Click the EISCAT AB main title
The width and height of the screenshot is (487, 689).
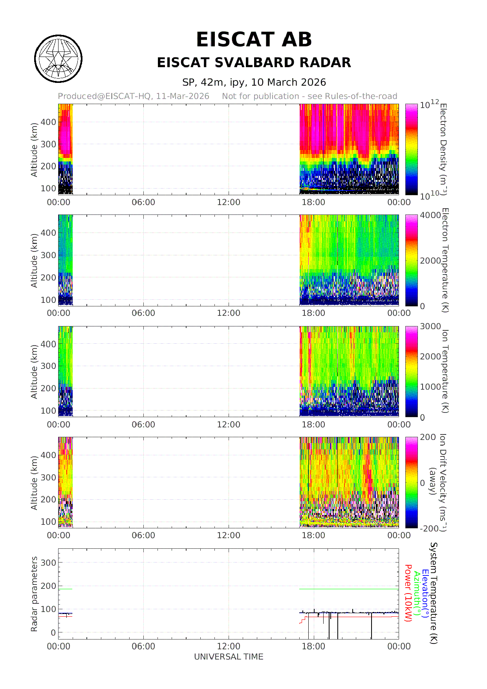[254, 40]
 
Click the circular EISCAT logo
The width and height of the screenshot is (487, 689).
[59, 59]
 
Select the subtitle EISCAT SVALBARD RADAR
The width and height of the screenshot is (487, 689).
[254, 62]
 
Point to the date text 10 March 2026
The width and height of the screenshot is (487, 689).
[288, 82]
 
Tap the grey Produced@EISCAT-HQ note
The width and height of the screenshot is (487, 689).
[134, 96]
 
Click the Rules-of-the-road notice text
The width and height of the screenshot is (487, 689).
[309, 96]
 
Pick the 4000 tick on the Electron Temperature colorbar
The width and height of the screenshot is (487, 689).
[430, 215]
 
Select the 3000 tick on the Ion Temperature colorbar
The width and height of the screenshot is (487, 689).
[430, 326]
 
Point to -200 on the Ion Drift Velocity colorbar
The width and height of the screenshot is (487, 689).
[429, 528]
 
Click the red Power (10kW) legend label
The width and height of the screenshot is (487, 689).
[408, 593]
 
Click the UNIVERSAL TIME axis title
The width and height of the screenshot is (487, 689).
[229, 657]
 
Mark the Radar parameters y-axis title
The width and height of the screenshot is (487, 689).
[34, 594]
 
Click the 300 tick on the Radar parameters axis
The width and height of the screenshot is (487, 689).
[48, 563]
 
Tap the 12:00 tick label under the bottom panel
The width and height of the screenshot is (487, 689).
[229, 646]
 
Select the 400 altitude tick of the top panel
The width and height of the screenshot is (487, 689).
[48, 122]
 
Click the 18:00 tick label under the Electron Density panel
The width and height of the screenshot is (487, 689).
[313, 202]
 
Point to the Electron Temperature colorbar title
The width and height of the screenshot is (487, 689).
[445, 260]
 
